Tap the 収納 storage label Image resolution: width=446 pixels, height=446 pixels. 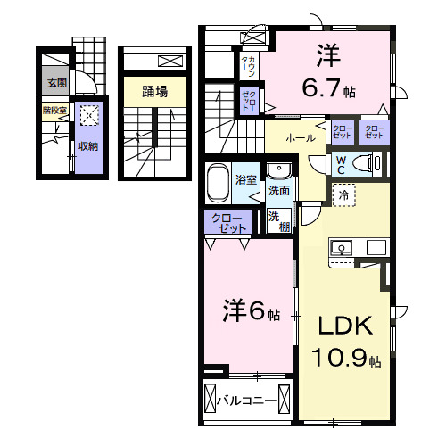pyautogui.click(x=87, y=145)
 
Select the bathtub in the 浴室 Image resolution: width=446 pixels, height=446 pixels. pyautogui.click(x=217, y=185)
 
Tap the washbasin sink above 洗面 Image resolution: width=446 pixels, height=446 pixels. pyautogui.click(x=278, y=170)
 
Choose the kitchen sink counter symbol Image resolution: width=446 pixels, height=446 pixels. pyautogui.click(x=357, y=247)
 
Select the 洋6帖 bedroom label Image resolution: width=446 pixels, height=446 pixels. pyautogui.click(x=251, y=312)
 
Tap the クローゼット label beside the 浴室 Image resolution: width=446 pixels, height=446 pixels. pyautogui.click(x=228, y=224)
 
